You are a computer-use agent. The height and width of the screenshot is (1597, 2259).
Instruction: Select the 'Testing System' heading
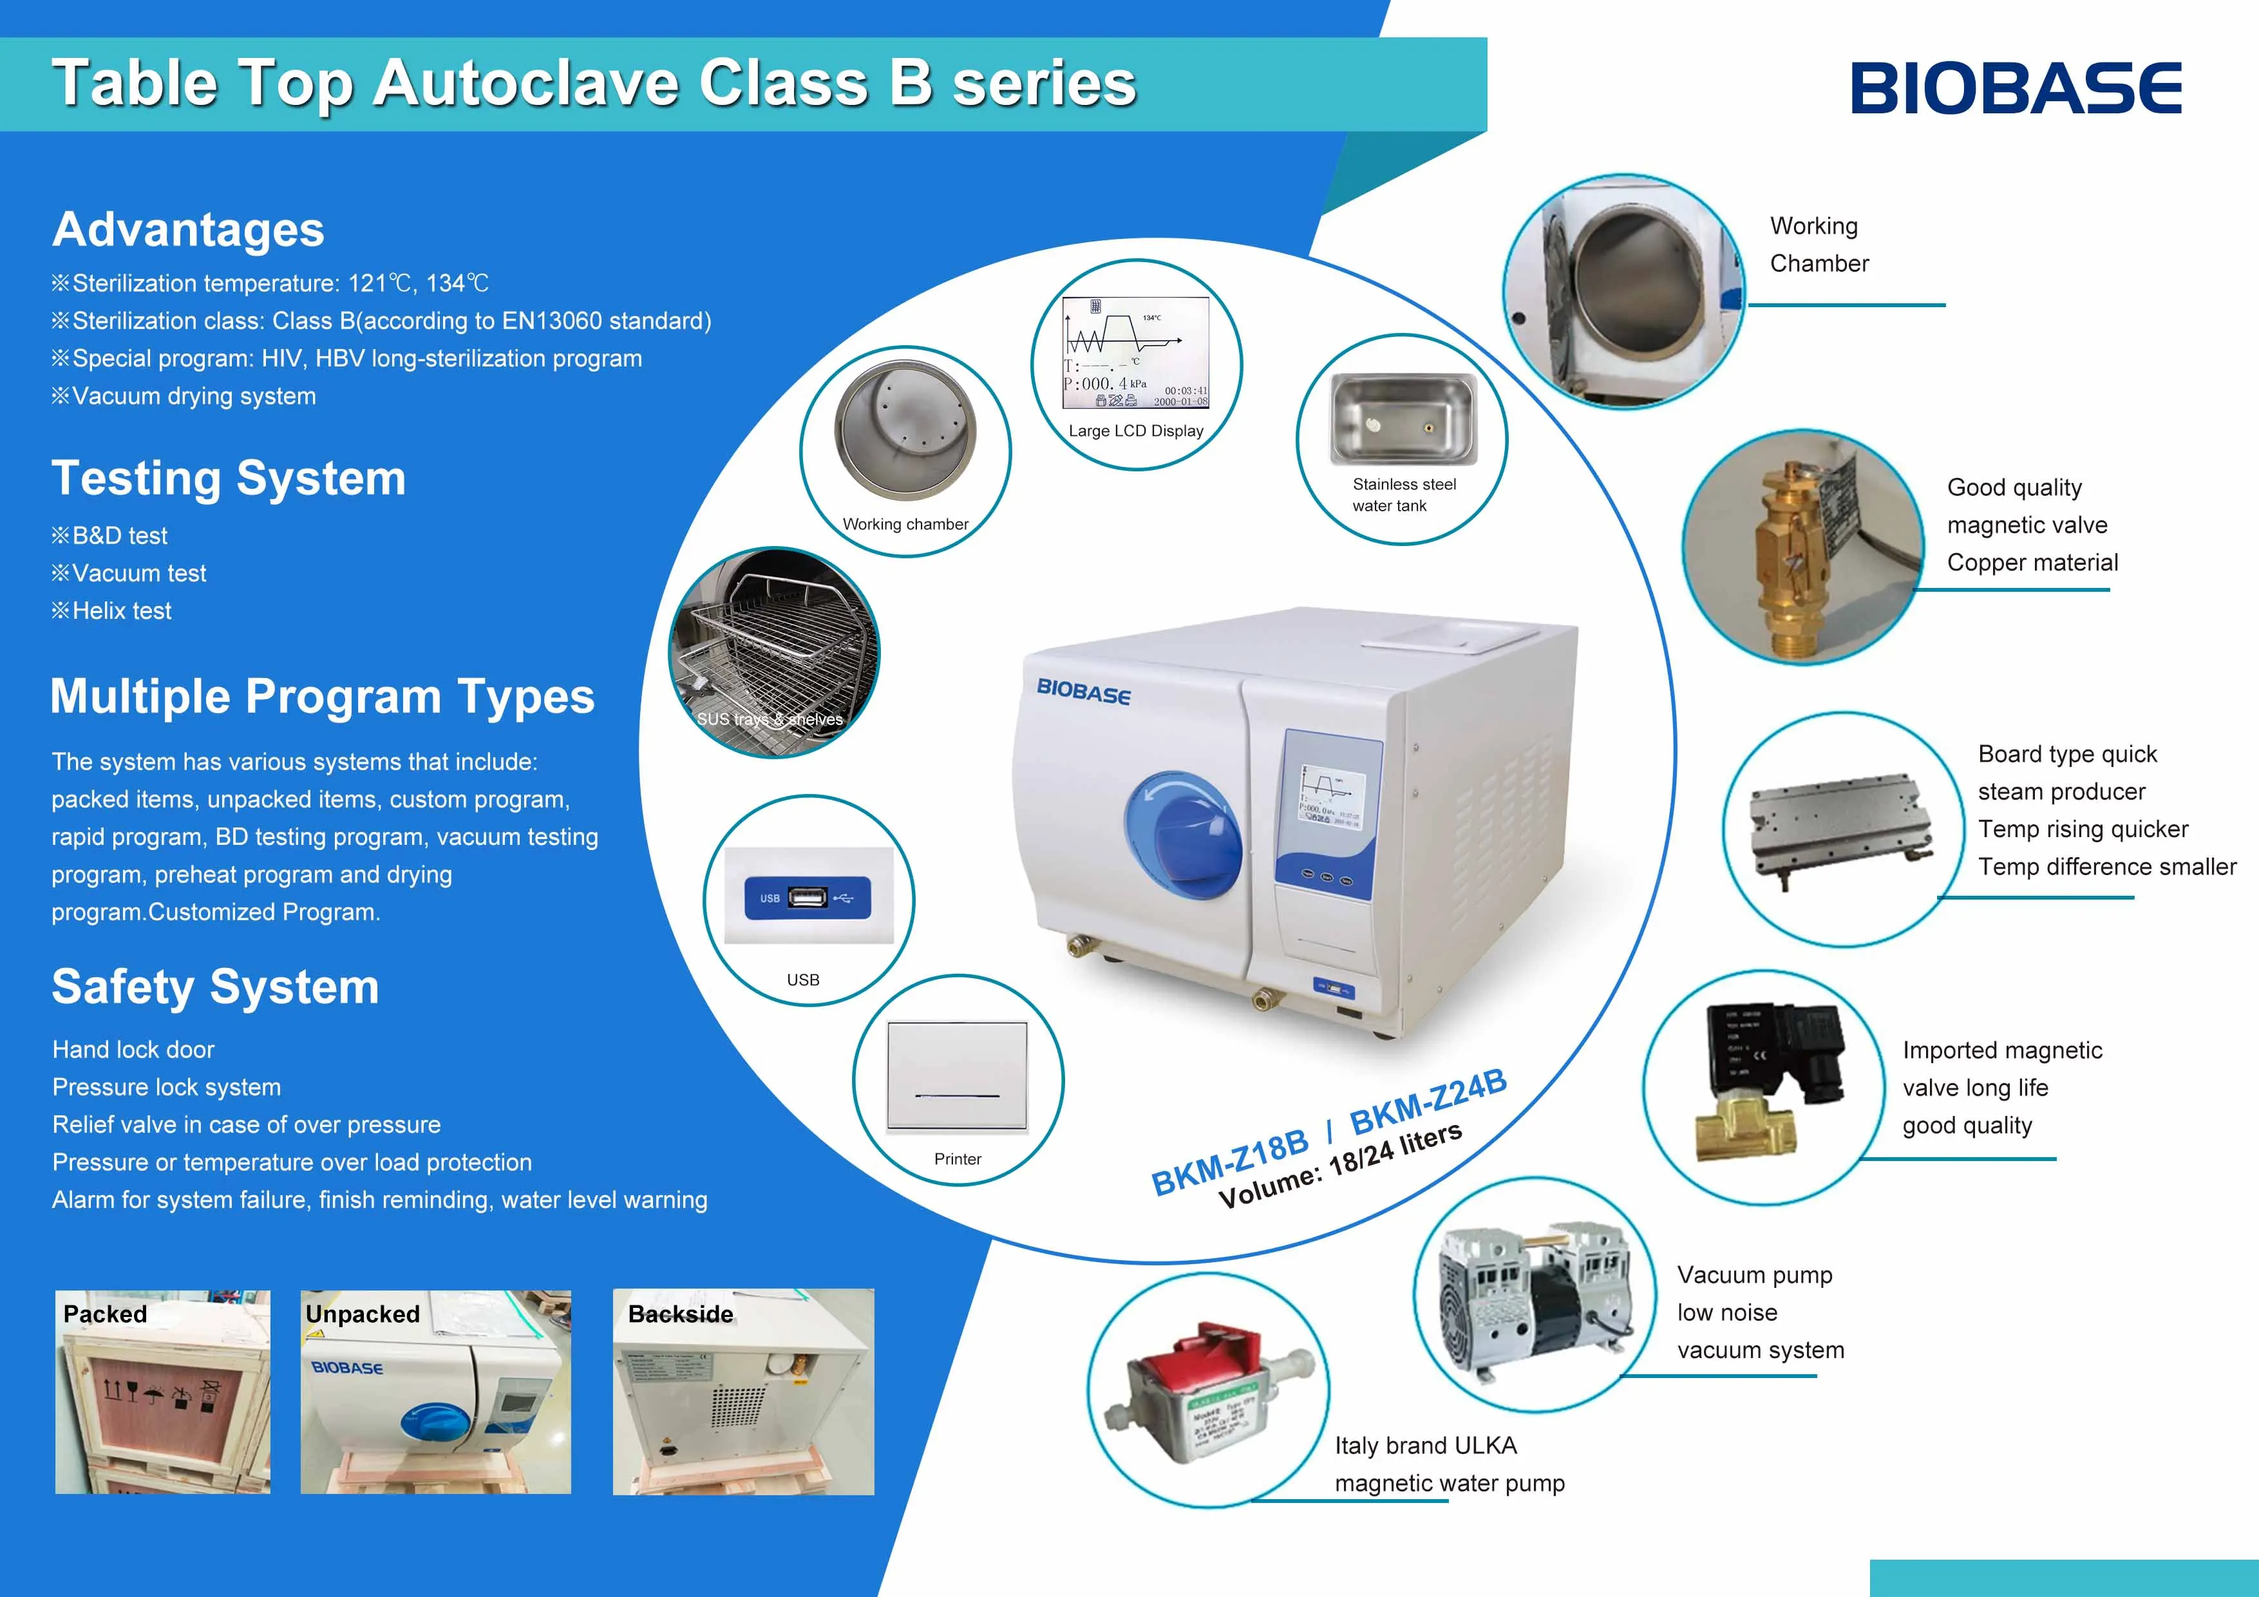pyautogui.click(x=228, y=478)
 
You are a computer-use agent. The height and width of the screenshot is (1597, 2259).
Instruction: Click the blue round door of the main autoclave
pyautogui.click(x=1180, y=835)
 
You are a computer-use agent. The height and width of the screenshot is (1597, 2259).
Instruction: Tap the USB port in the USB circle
pyautogui.click(x=807, y=898)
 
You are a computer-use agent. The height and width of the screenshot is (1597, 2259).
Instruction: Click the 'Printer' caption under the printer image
pyautogui.click(x=958, y=1159)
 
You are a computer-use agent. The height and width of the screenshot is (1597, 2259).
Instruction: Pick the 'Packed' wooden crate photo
pyautogui.click(x=162, y=1392)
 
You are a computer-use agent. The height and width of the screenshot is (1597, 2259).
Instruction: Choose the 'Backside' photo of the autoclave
pyautogui.click(x=743, y=1392)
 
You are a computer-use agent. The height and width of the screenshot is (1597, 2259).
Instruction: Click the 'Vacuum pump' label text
pyautogui.click(x=1754, y=1275)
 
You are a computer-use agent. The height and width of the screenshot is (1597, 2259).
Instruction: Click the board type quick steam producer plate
pyautogui.click(x=1835, y=827)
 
